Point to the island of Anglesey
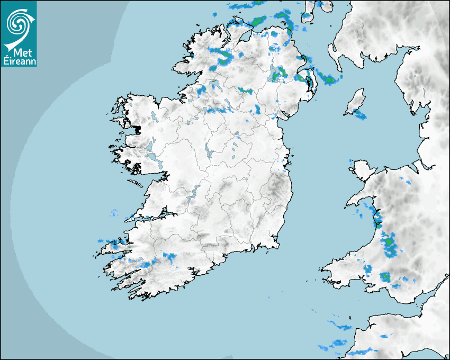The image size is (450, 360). click(x=362, y=170)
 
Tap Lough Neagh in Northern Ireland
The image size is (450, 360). click(x=276, y=74)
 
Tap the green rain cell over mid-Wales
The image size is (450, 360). click(x=390, y=242)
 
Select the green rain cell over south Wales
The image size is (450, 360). click(x=385, y=276)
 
